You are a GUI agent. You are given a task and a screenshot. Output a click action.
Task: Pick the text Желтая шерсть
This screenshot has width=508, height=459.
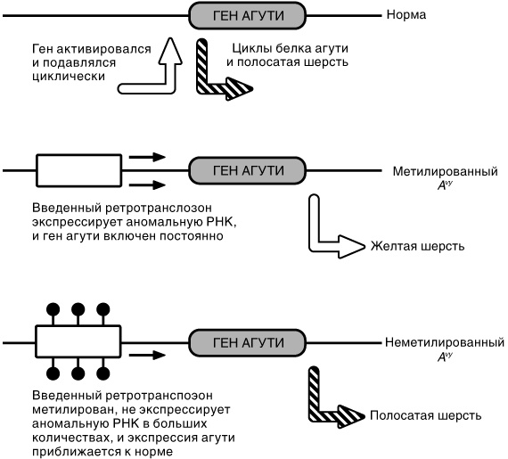pos(417,246)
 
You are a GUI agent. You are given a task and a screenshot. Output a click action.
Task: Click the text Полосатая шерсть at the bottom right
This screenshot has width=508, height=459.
pos(426,416)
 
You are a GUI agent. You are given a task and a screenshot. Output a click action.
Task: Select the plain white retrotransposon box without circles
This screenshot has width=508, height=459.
pos(78,169)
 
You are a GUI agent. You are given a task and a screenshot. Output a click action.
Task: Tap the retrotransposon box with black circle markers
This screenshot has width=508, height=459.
pos(78,341)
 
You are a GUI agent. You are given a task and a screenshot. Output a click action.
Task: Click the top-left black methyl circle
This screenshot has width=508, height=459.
pos(53,310)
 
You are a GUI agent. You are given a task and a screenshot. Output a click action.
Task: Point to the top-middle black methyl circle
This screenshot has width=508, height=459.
pos(78,310)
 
